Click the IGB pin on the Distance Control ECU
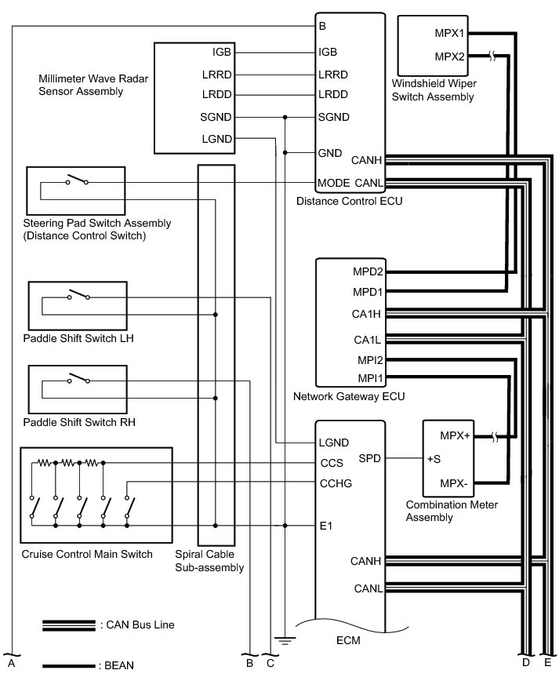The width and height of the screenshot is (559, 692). [x=328, y=53]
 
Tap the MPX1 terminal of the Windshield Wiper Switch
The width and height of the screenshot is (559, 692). [x=450, y=34]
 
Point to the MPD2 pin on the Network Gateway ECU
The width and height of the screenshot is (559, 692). [x=368, y=272]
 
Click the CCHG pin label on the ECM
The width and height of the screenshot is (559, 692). [x=335, y=483]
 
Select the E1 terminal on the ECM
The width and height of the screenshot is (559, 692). [x=326, y=526]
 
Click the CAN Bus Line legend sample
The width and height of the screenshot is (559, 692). [x=69, y=625]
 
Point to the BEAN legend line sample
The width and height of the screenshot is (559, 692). [x=69, y=666]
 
